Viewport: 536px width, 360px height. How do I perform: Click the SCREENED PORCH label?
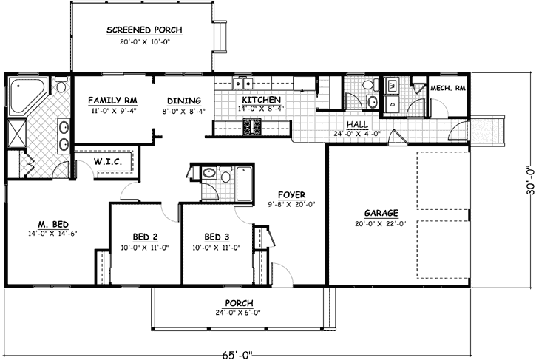144,30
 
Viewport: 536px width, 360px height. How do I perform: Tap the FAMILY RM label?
110,101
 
